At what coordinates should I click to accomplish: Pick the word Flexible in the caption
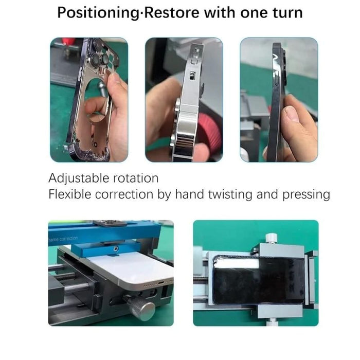click(68, 194)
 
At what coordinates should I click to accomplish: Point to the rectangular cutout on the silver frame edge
click(190, 77)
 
